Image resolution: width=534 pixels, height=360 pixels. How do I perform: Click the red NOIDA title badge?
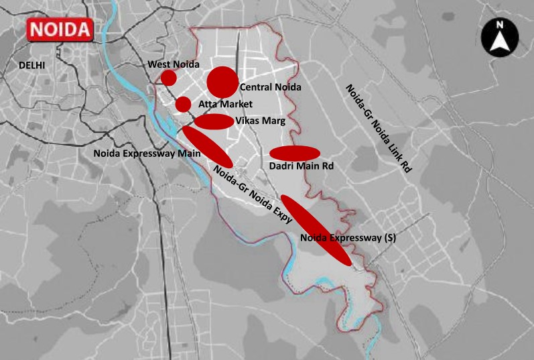[x=58, y=30]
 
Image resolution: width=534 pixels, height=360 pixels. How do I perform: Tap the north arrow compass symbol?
[x=499, y=38]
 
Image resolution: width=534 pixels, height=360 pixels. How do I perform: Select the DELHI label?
[x=32, y=65]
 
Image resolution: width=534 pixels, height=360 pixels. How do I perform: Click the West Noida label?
[x=174, y=64]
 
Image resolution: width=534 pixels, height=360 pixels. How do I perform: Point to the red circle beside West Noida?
[x=169, y=78]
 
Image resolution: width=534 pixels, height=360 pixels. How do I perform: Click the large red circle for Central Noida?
[x=222, y=82]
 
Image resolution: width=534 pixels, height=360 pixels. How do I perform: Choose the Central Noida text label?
[x=271, y=87]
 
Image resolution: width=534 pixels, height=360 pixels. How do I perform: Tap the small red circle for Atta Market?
[x=183, y=104]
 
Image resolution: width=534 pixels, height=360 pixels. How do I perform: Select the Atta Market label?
[x=225, y=104]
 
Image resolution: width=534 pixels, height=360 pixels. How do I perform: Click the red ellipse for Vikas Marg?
[x=214, y=121]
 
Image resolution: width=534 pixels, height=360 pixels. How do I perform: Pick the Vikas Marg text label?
[x=261, y=121]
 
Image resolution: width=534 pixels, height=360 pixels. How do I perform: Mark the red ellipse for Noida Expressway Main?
[x=208, y=147]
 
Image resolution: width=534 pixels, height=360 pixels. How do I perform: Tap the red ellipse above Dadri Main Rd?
[x=294, y=153]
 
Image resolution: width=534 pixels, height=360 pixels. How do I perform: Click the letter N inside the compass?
[x=499, y=25]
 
